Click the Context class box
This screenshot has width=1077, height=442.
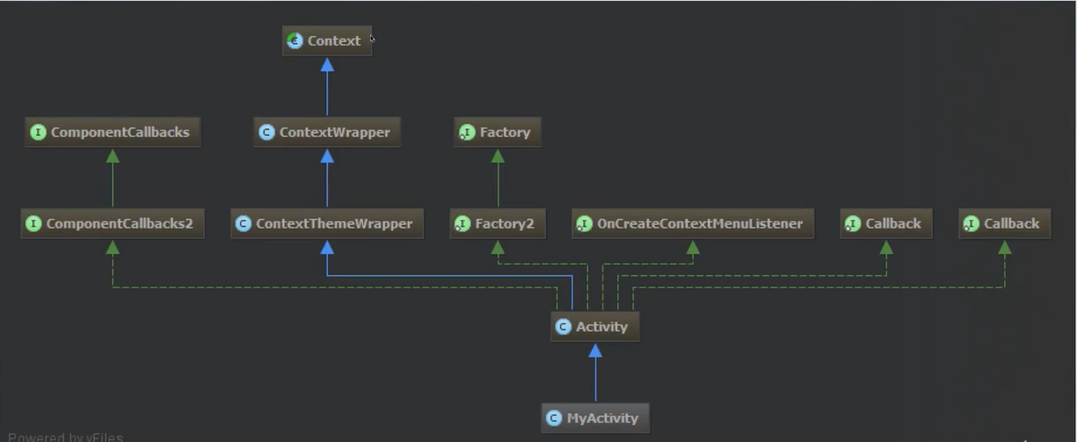click(x=327, y=40)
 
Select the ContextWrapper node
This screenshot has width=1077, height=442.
click(x=327, y=132)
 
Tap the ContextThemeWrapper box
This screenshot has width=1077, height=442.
click(x=327, y=223)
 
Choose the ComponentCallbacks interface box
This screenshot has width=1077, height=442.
click(x=113, y=132)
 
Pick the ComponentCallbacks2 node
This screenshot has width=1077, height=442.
click(x=113, y=223)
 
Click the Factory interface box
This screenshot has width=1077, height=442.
click(x=498, y=132)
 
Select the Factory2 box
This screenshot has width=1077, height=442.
click(x=498, y=223)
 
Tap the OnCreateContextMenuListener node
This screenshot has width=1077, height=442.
click(x=693, y=223)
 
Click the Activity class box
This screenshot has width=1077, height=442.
click(x=595, y=327)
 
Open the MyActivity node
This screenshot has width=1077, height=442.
click(x=595, y=418)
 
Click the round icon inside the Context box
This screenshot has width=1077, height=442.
click(x=295, y=40)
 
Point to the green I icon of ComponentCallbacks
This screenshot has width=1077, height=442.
click(x=38, y=132)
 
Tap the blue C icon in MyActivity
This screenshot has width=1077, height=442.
click(x=554, y=418)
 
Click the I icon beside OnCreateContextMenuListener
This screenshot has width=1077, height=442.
click(x=584, y=223)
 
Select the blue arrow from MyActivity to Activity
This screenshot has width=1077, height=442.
click(x=595, y=373)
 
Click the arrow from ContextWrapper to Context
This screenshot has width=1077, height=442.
click(x=327, y=86)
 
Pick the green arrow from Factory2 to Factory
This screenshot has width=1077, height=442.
click(x=498, y=178)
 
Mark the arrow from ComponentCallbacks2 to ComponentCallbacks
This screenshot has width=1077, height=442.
click(x=113, y=178)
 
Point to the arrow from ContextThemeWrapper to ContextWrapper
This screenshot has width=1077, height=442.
click(x=327, y=178)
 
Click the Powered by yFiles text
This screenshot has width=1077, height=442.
click(x=66, y=437)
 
